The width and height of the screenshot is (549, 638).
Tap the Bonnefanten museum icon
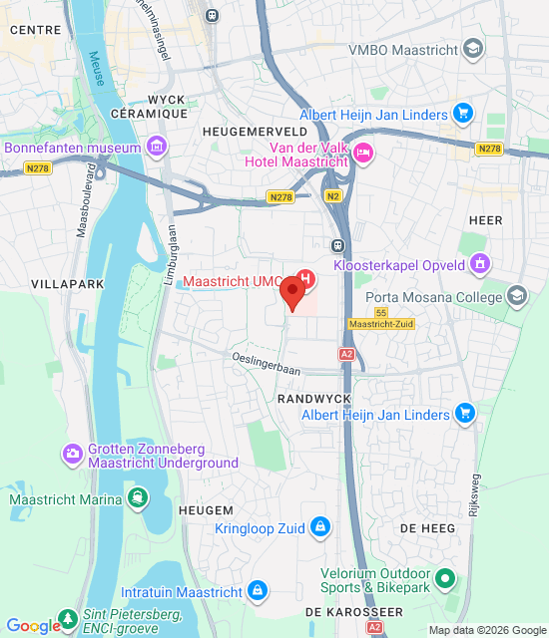[x=155, y=148]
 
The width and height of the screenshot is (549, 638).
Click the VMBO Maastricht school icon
[x=472, y=49]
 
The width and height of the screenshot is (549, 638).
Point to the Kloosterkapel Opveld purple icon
[x=481, y=264]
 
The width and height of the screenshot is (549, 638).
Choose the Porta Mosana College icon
[x=516, y=294]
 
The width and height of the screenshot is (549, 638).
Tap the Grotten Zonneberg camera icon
[x=73, y=455]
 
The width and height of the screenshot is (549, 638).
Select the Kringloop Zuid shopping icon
[x=319, y=525]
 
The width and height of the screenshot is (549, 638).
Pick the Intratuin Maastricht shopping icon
[x=258, y=592]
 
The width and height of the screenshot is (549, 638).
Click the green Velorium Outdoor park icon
[x=444, y=579]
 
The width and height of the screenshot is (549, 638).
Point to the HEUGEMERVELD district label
[x=254, y=131]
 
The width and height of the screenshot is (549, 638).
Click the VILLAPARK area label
[x=67, y=284]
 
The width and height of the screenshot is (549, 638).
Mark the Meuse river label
[x=97, y=69]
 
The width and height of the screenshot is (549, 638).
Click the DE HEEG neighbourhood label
[x=421, y=527]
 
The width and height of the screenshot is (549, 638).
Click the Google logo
[x=33, y=626]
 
